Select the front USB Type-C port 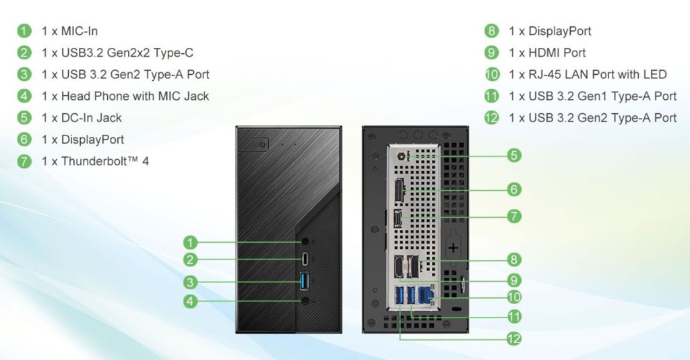306,258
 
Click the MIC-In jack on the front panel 306,241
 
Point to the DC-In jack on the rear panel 404,156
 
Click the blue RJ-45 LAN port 425,296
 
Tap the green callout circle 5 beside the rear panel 513,156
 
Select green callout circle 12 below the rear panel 513,338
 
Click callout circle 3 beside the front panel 191,282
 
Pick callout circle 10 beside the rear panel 513,297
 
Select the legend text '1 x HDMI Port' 547,53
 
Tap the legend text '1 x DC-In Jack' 82,117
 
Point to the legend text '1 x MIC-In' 69,31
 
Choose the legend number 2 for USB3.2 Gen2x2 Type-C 24,53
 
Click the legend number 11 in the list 492,96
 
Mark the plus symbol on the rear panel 453,248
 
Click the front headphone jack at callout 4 306,301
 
